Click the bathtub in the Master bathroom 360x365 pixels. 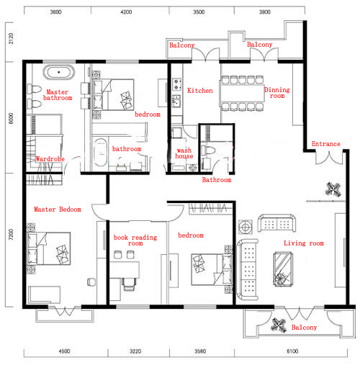59,72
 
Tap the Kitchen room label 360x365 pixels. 200,91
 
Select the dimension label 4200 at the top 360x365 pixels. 126,12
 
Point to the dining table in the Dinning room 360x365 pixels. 242,93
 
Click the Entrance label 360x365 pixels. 326,144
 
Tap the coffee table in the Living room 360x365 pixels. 284,269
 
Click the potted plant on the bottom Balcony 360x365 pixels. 279,325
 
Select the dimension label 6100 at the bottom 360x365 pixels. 292,351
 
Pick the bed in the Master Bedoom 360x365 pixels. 48,248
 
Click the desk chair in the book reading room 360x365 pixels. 130,284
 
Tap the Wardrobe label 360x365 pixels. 50,159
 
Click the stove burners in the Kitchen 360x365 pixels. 177,84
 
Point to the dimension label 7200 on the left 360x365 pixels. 11,234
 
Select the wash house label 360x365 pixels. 184,153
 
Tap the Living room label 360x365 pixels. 304,243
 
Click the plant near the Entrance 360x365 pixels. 333,189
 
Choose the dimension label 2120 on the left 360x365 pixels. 11,38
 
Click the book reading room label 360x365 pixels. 135,240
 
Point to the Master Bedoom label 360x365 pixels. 58,209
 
